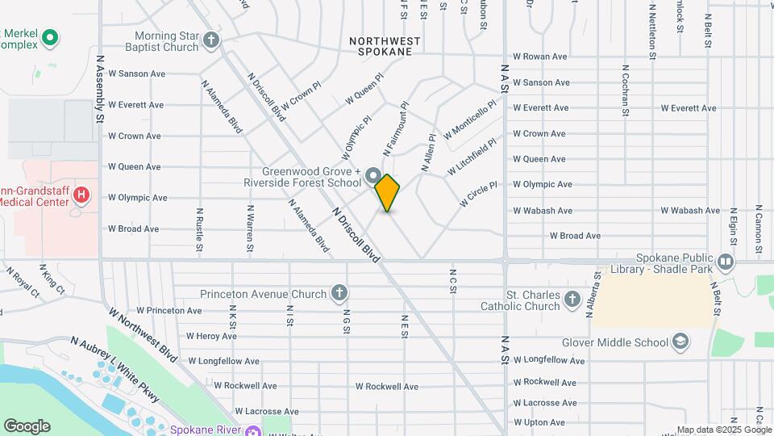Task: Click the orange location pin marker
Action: pyautogui.click(x=387, y=193)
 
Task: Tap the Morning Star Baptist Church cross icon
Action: pyautogui.click(x=211, y=40)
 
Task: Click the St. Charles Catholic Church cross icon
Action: pyautogui.click(x=572, y=300)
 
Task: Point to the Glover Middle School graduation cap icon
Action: pyautogui.click(x=680, y=342)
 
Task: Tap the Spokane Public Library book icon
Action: pyautogui.click(x=726, y=261)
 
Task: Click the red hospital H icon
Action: pyautogui.click(x=81, y=195)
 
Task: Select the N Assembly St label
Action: pyautogui.click(x=101, y=89)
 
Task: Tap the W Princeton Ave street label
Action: pyautogui.click(x=169, y=310)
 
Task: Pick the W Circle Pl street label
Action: pyautogui.click(x=478, y=194)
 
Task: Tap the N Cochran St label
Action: pyautogui.click(x=625, y=90)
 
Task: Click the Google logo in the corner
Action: pyautogui.click(x=27, y=426)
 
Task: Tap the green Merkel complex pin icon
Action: pyautogui.click(x=50, y=37)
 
